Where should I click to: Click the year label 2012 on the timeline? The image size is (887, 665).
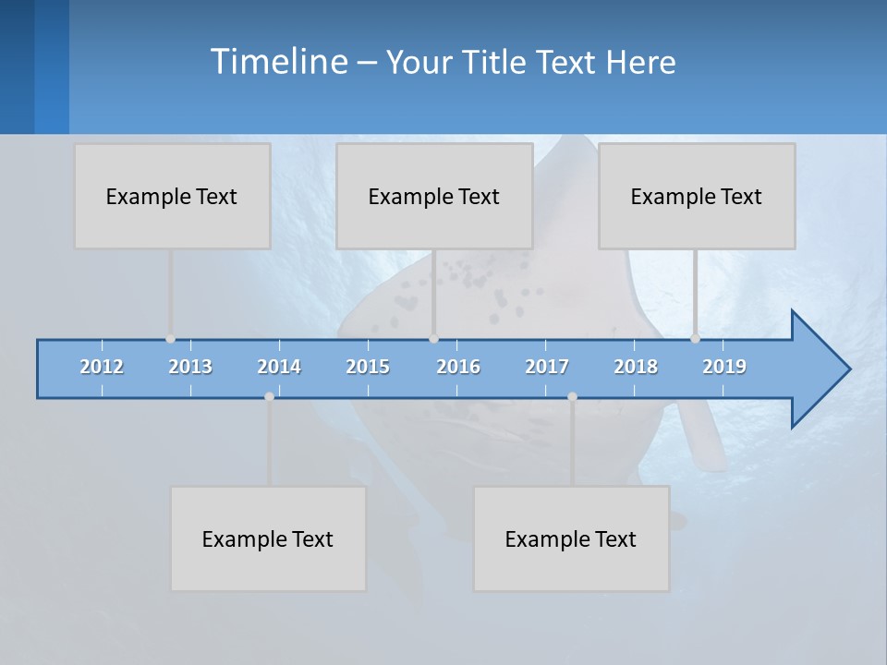(x=102, y=367)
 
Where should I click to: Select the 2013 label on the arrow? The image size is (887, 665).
(x=190, y=367)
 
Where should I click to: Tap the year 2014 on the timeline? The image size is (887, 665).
(x=279, y=367)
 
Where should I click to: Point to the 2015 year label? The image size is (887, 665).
(x=368, y=367)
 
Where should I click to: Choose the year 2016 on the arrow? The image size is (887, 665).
(x=458, y=367)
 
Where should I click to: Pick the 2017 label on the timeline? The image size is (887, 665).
(x=547, y=367)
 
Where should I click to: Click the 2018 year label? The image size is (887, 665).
(x=636, y=367)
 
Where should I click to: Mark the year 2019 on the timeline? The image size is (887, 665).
(x=724, y=367)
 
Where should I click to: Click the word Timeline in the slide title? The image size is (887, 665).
(x=277, y=62)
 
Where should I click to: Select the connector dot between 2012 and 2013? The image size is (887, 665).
(x=170, y=339)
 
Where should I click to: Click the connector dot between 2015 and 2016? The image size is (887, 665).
(x=433, y=339)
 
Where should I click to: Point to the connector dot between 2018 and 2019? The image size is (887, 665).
(x=695, y=339)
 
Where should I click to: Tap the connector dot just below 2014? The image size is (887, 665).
(x=269, y=396)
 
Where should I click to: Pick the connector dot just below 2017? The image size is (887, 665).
(x=572, y=396)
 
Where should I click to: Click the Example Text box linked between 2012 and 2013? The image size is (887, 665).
(x=172, y=196)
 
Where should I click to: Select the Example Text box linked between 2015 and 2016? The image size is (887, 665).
(x=434, y=196)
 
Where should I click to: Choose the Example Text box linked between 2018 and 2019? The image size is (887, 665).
(x=697, y=196)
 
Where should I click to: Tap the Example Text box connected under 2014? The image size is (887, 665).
(x=268, y=538)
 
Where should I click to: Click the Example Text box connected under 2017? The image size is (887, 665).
(x=571, y=538)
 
